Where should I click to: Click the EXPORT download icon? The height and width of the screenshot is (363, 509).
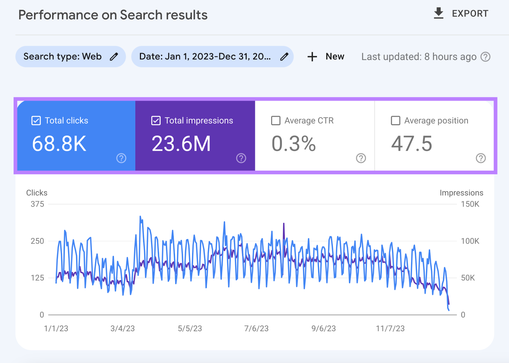438,13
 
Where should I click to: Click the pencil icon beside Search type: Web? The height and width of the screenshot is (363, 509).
114,57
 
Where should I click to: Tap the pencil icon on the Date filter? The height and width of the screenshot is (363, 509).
284,57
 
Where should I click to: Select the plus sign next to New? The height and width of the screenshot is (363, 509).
312,57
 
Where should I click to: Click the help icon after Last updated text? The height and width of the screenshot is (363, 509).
485,57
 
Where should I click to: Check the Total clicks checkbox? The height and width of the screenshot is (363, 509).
36,121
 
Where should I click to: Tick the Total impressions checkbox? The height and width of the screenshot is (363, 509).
156,121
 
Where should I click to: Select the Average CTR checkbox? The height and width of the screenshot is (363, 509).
275,121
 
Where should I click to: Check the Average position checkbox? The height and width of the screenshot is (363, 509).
395,121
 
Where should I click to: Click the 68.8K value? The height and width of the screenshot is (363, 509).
59,144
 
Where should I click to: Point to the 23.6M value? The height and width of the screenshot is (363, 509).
181,144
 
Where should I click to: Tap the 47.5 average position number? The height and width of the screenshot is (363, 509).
411,144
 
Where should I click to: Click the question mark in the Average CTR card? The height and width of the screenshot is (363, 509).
361,158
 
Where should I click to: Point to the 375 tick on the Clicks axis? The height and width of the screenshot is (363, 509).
37,204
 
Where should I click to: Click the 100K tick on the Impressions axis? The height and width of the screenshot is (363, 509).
470,241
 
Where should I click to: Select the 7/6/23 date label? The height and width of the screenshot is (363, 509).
256,328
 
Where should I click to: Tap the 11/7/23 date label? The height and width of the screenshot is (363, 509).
390,328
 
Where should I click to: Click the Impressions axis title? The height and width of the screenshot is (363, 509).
461,193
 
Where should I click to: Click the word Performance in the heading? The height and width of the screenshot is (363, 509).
58,15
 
